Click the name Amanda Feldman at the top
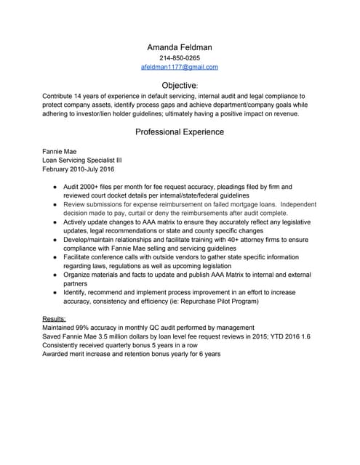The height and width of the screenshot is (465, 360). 179,47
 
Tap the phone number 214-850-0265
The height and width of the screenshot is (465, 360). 180,58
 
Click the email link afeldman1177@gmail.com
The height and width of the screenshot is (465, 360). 180,67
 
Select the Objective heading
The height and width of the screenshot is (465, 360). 179,86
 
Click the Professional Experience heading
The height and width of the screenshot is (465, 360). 180,132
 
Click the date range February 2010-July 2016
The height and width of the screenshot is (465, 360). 79,169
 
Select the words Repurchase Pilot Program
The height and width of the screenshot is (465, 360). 253,301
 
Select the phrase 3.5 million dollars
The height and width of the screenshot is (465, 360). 134,336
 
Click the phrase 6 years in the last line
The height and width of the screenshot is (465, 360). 207,354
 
